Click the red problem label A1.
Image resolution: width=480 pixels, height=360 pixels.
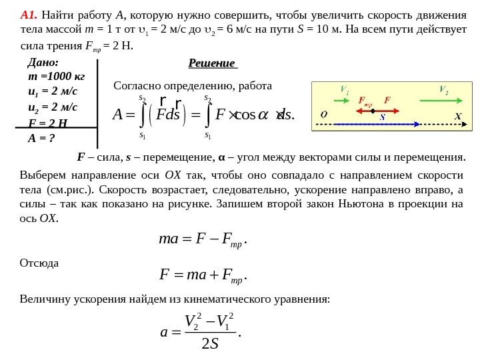click(28, 15)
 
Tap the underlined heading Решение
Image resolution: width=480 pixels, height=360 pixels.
click(212, 63)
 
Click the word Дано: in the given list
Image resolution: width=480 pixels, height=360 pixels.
click(43, 62)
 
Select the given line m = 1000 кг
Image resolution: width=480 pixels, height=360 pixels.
click(56, 77)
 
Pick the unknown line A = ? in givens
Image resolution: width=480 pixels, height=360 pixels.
click(41, 139)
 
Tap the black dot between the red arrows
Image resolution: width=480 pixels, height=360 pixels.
click(373, 111)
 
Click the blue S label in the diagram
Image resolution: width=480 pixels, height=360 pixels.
click(383, 117)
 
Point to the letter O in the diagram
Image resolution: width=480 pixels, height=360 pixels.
click(323, 114)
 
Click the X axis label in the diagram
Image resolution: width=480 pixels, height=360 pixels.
click(458, 117)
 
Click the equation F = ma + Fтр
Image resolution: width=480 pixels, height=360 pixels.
click(203, 274)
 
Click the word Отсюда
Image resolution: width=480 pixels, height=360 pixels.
click(39, 263)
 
